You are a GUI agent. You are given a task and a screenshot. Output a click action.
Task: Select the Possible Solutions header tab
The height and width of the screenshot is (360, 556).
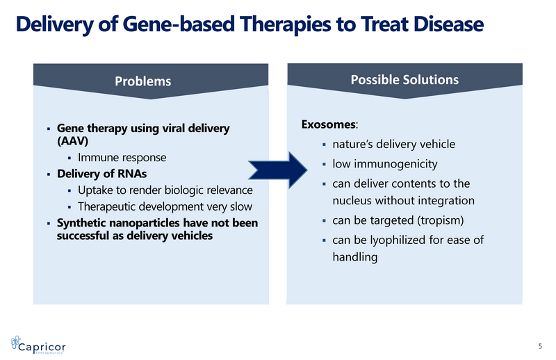click(404, 79)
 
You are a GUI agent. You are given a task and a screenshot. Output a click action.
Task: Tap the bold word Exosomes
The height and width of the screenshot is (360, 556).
click(328, 124)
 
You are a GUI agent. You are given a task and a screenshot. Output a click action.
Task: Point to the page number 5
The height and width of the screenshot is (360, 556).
click(540, 346)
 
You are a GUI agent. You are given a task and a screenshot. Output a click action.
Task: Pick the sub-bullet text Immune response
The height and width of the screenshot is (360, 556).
click(122, 158)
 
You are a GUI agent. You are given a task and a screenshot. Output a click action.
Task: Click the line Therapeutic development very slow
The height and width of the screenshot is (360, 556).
click(165, 206)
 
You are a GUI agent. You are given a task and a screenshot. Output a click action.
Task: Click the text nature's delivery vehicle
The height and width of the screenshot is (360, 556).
click(393, 145)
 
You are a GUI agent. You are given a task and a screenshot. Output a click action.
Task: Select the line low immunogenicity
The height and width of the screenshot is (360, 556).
click(385, 164)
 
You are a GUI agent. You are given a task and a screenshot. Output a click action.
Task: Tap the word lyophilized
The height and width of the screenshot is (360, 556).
click(407, 240)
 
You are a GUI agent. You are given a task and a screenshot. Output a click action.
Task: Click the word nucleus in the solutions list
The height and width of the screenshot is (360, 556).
click(354, 202)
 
